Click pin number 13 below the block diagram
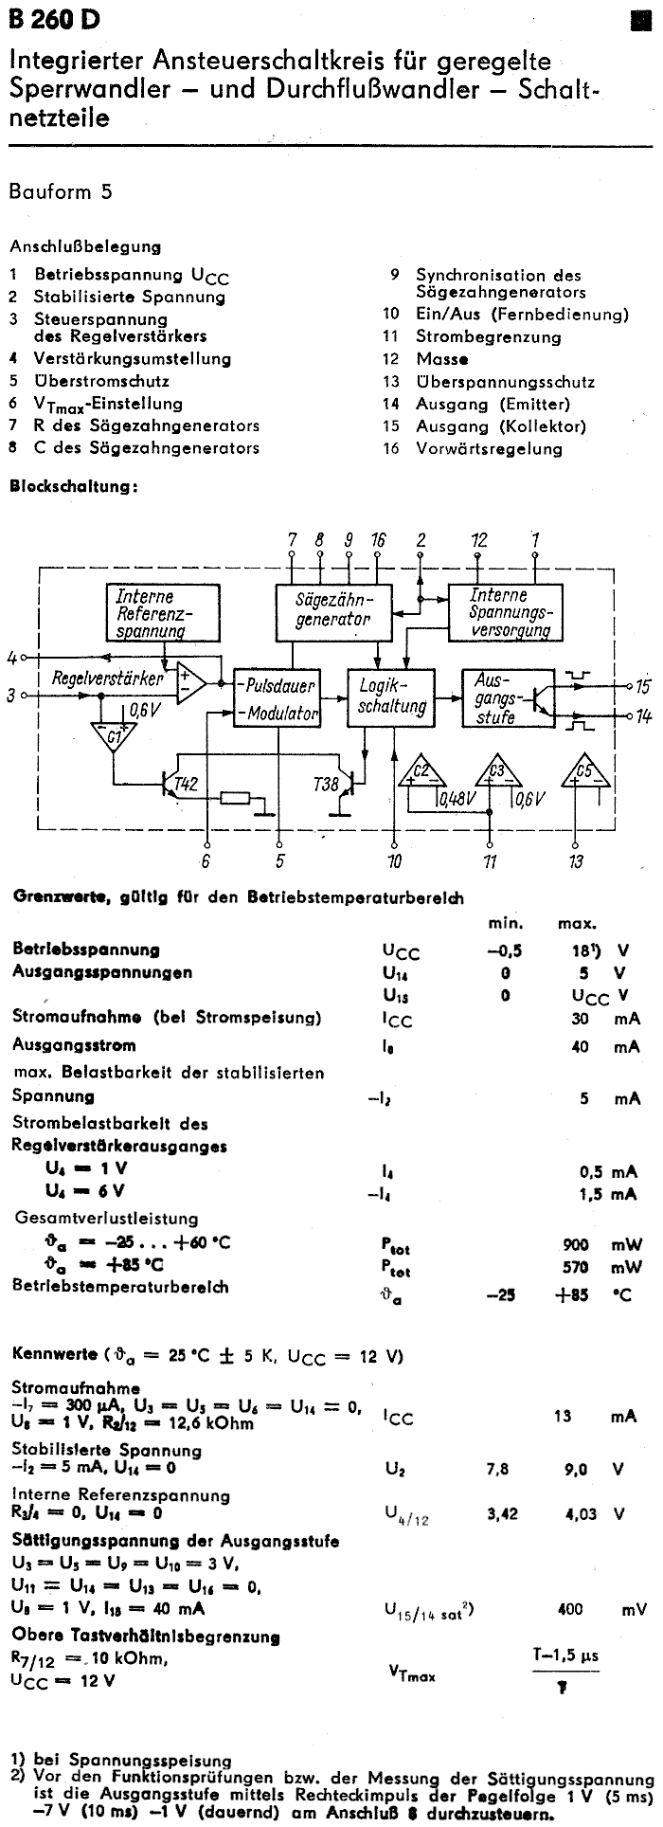576,861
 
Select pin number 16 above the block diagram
379,540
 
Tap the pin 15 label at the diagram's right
643,686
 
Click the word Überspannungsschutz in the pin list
505,382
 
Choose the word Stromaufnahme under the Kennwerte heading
75,1387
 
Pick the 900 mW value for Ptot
576,1244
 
